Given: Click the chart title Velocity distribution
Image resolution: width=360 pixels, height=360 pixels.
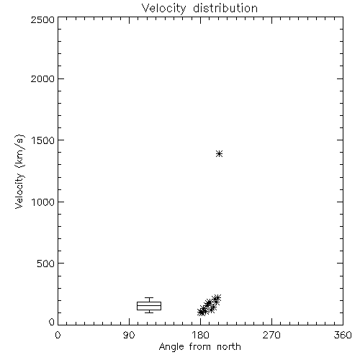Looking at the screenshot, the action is [199, 9].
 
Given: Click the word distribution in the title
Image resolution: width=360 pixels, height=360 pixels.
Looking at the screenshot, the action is [225, 8].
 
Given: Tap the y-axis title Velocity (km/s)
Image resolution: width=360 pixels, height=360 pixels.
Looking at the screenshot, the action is [19, 171].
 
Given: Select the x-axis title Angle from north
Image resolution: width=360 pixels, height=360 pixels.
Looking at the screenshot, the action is [199, 347].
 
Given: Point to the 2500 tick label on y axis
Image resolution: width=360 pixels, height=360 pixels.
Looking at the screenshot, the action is [42, 19].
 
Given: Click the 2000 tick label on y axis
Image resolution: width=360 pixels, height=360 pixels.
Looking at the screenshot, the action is [42, 78].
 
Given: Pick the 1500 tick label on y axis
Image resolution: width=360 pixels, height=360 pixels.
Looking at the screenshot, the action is [43, 140].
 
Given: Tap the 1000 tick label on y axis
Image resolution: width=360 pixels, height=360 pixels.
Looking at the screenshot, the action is [43, 202].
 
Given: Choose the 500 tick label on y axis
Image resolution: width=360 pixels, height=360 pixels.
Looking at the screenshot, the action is [46, 264].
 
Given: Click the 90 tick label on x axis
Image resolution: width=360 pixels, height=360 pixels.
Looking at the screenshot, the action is [129, 335].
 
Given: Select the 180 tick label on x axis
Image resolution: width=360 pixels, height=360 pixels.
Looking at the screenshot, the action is [200, 335].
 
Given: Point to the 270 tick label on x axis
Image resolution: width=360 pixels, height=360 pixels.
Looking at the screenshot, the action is [271, 335].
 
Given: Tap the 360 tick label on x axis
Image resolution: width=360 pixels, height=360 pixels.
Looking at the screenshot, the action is [343, 335].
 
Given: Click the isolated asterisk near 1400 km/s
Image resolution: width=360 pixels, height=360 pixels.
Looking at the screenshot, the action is [219, 153].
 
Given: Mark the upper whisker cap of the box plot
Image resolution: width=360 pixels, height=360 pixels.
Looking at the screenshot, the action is [149, 298].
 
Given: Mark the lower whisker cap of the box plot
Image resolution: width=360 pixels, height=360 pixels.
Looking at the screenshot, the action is [149, 312].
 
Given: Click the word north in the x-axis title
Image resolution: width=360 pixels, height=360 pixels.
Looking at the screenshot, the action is [229, 347].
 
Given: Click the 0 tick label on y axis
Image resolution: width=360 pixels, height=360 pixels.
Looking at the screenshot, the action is [52, 322].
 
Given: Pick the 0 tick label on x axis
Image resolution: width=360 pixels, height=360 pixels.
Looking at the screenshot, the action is [58, 335].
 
